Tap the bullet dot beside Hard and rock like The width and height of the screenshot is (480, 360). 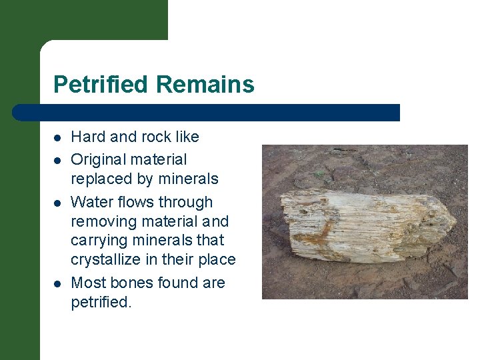pyautogui.click(x=58, y=138)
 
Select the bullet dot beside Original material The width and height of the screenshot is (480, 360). pyautogui.click(x=58, y=161)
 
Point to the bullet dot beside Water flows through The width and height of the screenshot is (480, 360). pyautogui.click(x=58, y=203)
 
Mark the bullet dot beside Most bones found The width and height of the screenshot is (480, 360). pyautogui.click(x=58, y=284)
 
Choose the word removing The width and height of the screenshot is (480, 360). pyautogui.click(x=102, y=221)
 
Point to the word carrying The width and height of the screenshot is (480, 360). pyautogui.click(x=98, y=241)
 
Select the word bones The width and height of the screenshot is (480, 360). pyautogui.click(x=133, y=283)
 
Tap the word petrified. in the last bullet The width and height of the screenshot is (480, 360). pyautogui.click(x=101, y=302)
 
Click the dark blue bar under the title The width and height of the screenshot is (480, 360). pyautogui.click(x=207, y=113)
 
